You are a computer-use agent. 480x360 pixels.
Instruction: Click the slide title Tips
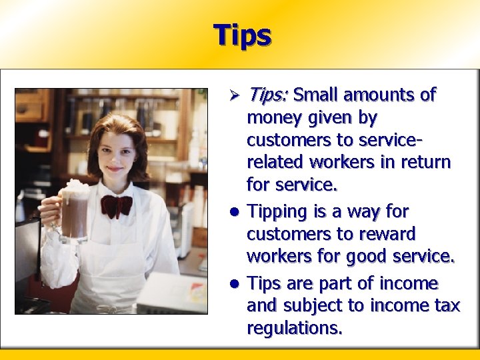[242, 35]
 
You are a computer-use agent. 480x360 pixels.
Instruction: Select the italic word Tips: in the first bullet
[267, 95]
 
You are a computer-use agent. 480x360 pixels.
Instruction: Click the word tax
[446, 306]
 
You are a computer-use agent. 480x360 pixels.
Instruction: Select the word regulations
[294, 329]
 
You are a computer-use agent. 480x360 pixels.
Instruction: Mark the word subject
[311, 307]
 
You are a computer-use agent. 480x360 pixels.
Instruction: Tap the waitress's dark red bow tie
[117, 206]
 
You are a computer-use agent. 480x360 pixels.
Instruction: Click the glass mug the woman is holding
[75, 215]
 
